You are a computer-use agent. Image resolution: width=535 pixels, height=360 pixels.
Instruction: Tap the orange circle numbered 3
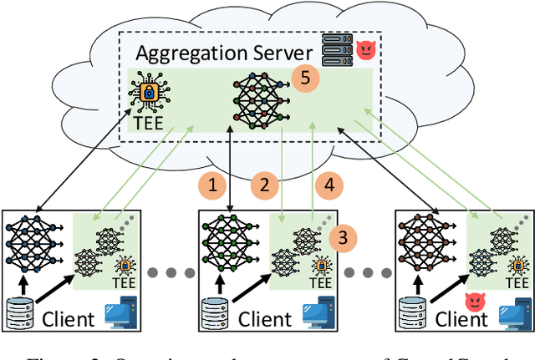(x=341, y=239)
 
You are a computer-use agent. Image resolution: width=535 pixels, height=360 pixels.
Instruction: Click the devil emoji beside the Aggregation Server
(x=365, y=51)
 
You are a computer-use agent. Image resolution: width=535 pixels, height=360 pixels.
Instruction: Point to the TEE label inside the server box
(x=150, y=123)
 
